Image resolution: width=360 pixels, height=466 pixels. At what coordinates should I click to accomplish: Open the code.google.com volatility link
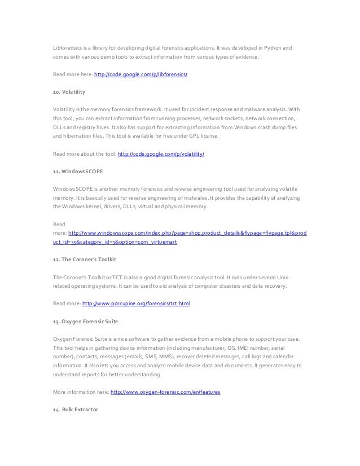click(x=160, y=153)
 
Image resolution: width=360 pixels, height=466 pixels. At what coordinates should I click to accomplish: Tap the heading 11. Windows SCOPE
click(x=76, y=170)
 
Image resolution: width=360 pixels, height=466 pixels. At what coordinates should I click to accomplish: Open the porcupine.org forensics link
click(x=136, y=303)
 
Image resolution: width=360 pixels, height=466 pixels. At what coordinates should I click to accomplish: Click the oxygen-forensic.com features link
click(x=165, y=392)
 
